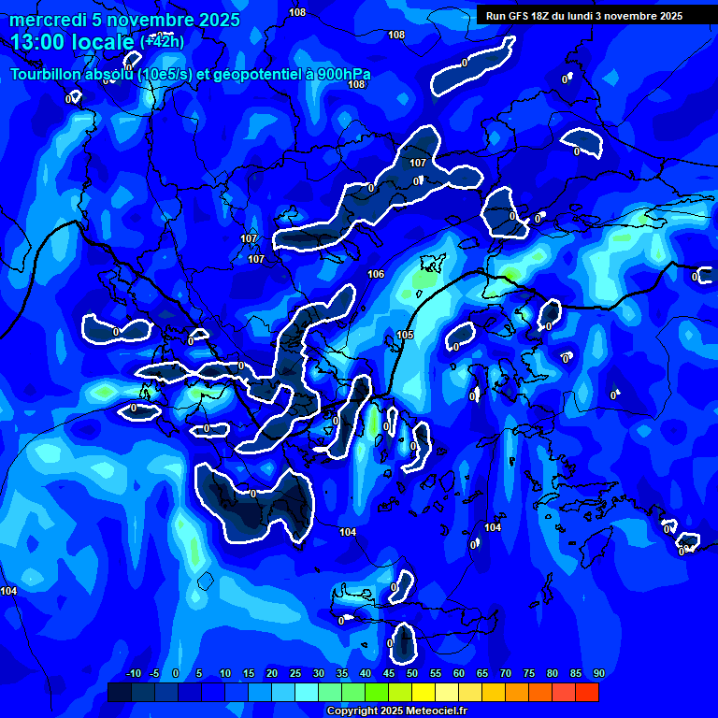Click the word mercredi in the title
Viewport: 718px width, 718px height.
click(44, 20)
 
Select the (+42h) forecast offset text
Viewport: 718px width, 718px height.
click(162, 41)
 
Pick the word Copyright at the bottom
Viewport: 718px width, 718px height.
click(354, 711)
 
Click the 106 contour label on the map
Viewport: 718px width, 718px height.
click(376, 274)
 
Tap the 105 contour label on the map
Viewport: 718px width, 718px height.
click(405, 335)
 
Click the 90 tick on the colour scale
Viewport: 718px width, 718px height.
click(598, 673)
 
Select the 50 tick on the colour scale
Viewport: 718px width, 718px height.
click(412, 673)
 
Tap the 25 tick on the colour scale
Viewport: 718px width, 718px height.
click(295, 673)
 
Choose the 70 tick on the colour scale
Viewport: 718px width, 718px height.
click(506, 673)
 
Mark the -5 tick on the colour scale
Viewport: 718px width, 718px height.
click(154, 673)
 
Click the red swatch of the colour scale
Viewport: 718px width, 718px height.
click(586, 692)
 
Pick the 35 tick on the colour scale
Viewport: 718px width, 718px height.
click(342, 673)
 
